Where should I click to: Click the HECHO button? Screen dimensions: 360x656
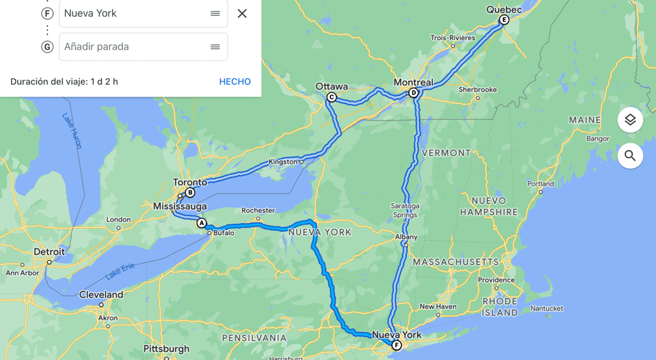point(234,81)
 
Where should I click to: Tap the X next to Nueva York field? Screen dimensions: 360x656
point(242,13)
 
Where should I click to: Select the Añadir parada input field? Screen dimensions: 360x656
point(135,47)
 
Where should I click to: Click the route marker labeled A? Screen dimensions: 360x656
point(202,223)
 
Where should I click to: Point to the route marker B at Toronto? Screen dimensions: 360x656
point(190,193)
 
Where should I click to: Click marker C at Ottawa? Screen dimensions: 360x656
point(331,97)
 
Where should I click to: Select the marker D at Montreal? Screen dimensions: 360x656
point(413,93)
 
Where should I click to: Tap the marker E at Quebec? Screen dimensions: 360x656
point(504,20)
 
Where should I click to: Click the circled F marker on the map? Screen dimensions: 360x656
point(397,346)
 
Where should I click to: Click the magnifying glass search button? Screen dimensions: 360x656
point(630,156)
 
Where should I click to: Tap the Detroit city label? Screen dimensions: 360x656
point(49,252)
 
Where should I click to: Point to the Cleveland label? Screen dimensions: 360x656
point(101,295)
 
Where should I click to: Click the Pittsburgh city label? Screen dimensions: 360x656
point(166,348)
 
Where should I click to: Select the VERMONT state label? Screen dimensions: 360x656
point(447,153)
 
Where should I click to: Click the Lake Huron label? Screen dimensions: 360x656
point(72,131)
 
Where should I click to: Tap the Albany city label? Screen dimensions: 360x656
point(406,237)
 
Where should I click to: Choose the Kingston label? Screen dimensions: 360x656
point(283,162)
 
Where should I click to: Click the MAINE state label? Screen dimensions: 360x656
point(585,120)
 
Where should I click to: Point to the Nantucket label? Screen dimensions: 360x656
point(546,309)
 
